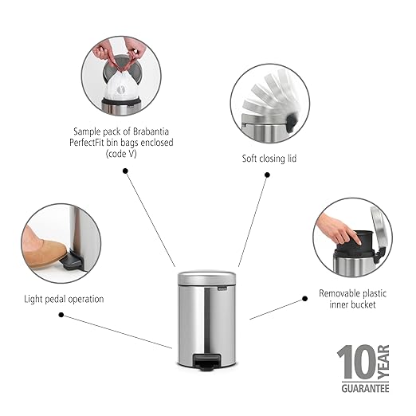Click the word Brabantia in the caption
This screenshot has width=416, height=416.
[x=151, y=131]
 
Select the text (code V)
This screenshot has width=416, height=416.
[x=121, y=154]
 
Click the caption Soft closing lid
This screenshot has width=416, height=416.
[x=269, y=159]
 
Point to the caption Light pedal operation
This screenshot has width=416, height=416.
[x=64, y=299]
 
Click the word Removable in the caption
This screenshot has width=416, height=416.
[x=339, y=293]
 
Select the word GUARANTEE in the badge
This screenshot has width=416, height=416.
[x=365, y=388]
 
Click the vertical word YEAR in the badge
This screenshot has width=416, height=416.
[x=383, y=362]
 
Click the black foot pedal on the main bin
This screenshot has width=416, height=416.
[x=206, y=362]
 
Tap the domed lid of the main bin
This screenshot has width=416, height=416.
[x=206, y=278]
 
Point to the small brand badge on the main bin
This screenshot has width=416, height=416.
[x=222, y=288]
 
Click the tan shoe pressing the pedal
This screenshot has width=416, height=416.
[x=43, y=251]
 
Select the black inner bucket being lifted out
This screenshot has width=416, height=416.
[x=355, y=244]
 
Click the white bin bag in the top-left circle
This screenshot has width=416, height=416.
[x=121, y=86]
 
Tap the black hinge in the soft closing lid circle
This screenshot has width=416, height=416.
[x=292, y=122]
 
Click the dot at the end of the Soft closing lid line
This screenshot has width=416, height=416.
[x=268, y=175]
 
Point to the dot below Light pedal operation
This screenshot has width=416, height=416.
[x=61, y=315]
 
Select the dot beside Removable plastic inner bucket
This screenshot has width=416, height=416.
[x=305, y=299]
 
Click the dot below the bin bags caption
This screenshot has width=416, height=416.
[x=126, y=171]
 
